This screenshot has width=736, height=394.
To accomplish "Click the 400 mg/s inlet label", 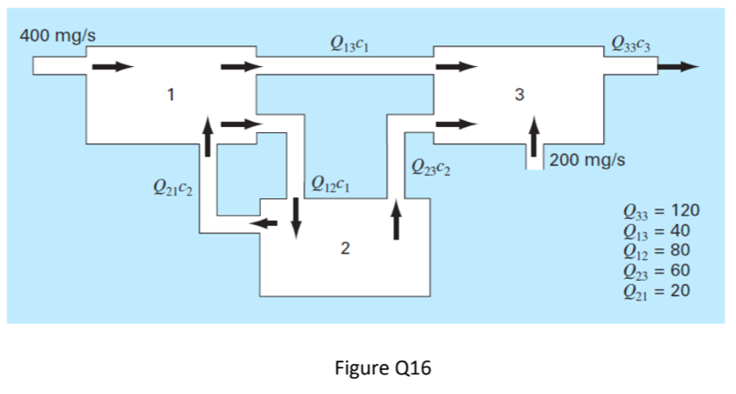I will click(58, 39).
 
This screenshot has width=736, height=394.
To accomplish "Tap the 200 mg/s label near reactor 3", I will click(587, 160).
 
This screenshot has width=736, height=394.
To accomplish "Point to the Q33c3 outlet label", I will click(630, 42).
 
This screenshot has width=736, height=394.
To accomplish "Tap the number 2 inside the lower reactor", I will click(344, 249).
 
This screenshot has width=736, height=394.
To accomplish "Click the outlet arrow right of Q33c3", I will click(684, 66).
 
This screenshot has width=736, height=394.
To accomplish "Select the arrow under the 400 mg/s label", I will click(113, 66).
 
